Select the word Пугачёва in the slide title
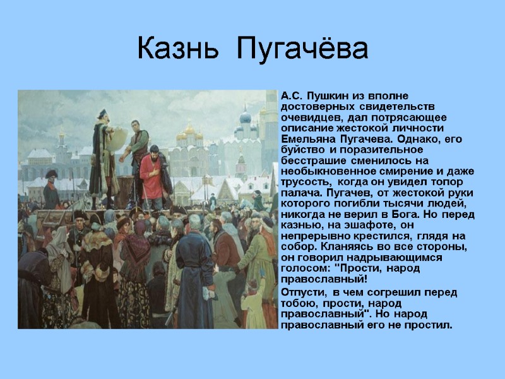click(x=302, y=49)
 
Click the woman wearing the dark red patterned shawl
click(x=135, y=265)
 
